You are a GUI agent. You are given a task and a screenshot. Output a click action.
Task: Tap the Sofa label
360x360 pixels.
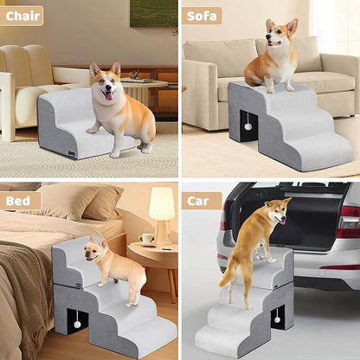(x=202, y=16)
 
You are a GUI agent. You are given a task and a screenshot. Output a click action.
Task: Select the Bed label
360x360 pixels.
(x=20, y=201)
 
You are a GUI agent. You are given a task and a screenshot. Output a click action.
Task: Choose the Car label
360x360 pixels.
(x=202, y=201)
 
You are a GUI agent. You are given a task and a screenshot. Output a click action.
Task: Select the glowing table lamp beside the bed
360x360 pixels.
(x=161, y=205)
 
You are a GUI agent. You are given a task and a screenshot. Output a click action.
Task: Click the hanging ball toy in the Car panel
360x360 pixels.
(x=277, y=319)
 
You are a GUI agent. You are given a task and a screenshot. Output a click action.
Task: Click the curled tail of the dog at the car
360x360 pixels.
(x=228, y=276)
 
